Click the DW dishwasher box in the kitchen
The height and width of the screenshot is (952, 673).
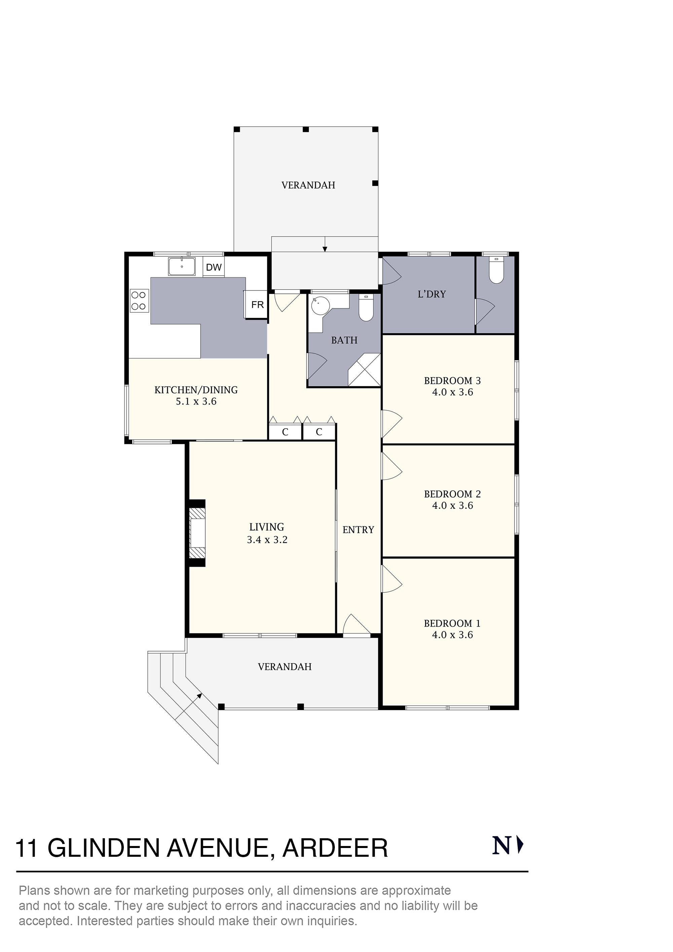pyautogui.click(x=214, y=268)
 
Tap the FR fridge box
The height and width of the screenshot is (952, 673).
pyautogui.click(x=257, y=305)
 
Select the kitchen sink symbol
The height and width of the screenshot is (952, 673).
pyautogui.click(x=182, y=266)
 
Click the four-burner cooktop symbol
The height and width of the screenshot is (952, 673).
pyautogui.click(x=139, y=301)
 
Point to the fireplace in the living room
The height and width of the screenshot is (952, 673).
pyautogui.click(x=198, y=533)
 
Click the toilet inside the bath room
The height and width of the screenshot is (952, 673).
pyautogui.click(x=366, y=308)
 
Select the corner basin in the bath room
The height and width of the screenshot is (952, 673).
pyautogui.click(x=320, y=306)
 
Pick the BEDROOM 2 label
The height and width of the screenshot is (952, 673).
pyautogui.click(x=452, y=494)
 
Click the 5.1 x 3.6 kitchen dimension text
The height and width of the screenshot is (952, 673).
pyautogui.click(x=196, y=401)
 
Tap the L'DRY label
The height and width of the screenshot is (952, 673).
pyautogui.click(x=431, y=294)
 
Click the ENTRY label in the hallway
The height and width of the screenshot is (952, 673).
pyautogui.click(x=358, y=530)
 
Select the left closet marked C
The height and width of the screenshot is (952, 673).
pyautogui.click(x=285, y=432)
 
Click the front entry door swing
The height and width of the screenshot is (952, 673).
pyautogui.click(x=356, y=625)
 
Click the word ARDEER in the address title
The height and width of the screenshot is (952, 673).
pyautogui.click(x=335, y=848)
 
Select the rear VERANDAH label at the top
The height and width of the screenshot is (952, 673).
pyautogui.click(x=308, y=185)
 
